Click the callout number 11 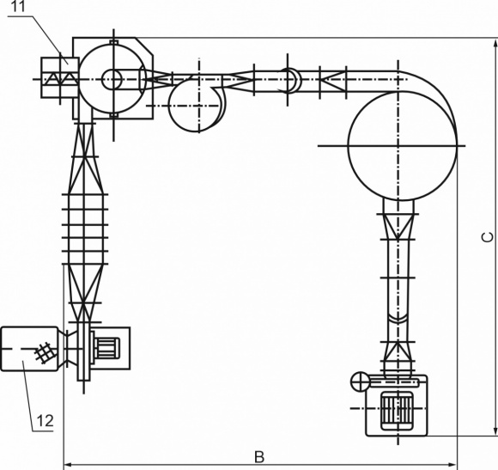(19, 7)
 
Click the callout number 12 (46, 421)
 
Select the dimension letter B (259, 457)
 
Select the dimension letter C (488, 237)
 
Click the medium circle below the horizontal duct (168, 105)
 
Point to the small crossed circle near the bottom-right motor (360, 381)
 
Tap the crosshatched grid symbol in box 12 (43, 352)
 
